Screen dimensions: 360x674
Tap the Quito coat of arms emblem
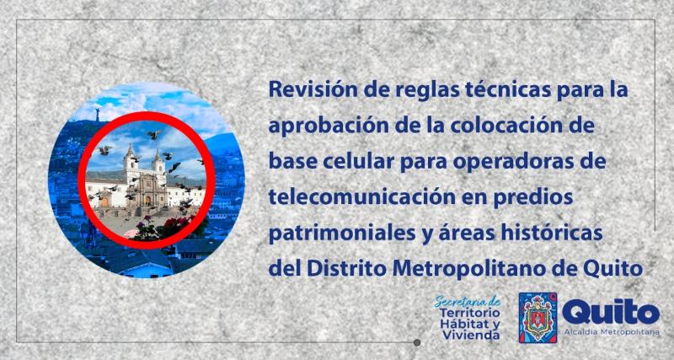[537, 316]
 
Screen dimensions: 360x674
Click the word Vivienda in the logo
[470, 335]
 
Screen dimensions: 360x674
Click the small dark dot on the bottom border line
[417, 342]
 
